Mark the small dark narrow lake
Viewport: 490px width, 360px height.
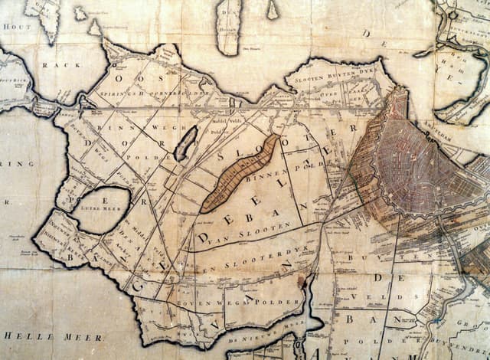pyautogui.click(x=185, y=143)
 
